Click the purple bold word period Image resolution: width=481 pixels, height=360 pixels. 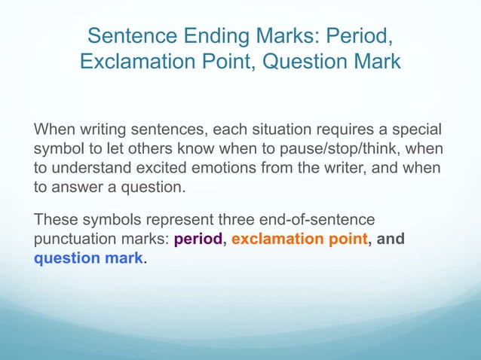[x=198, y=240]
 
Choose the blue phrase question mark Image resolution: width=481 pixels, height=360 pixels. [x=88, y=259]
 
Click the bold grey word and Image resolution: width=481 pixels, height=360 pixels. [x=390, y=240]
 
